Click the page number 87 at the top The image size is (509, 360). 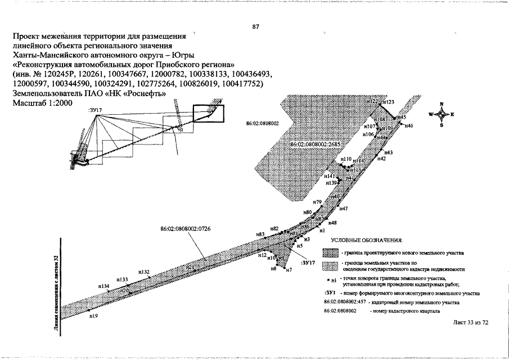coord(256,26)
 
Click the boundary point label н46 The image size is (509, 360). coord(408,125)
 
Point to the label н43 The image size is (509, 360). coord(389,153)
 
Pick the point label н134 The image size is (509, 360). coord(103,286)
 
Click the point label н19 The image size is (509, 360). coord(93,316)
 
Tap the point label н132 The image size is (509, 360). coord(144,272)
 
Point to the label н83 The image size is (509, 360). coord(260,234)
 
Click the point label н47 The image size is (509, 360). coord(344,209)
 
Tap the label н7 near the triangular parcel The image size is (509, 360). coord(289,271)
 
